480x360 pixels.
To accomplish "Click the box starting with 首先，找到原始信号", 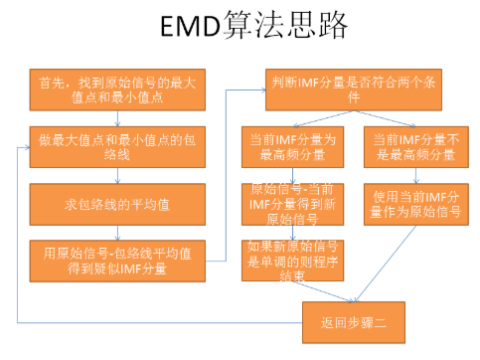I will [x=118, y=89].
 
